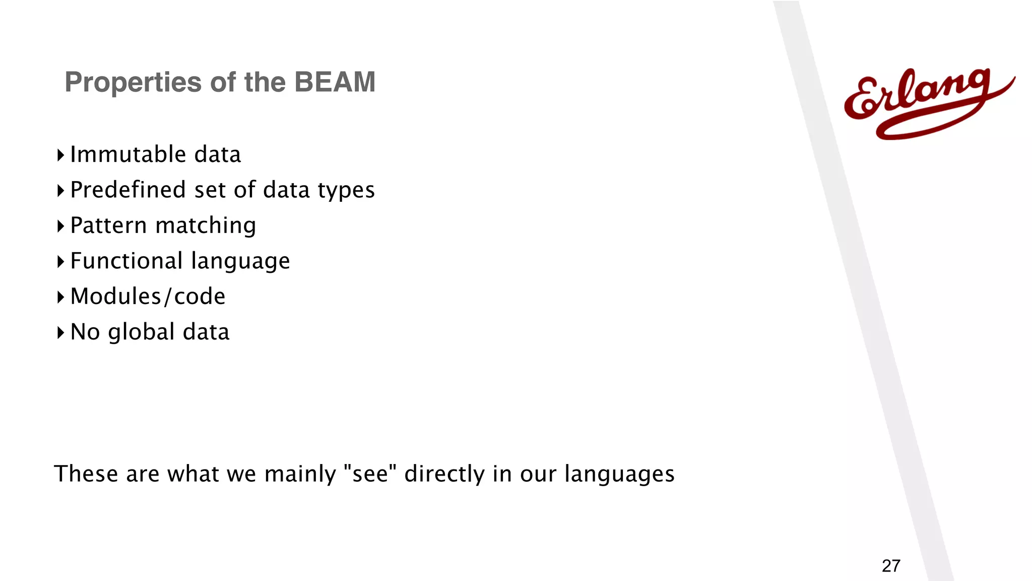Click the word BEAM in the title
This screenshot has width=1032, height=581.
[335, 82]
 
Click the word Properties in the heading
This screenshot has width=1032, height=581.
[133, 82]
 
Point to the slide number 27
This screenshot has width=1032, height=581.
[891, 566]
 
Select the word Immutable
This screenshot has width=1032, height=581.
[128, 154]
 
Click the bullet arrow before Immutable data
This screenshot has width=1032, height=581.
[60, 155]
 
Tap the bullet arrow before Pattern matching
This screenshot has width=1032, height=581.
[60, 226]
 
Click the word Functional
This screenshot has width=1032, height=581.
[126, 261]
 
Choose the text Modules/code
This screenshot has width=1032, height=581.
[148, 297]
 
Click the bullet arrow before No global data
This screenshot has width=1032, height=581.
[60, 332]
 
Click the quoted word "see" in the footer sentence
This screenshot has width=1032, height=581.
[370, 474]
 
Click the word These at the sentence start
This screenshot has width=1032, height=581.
[86, 474]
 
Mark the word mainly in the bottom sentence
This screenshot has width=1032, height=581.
[300, 474]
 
